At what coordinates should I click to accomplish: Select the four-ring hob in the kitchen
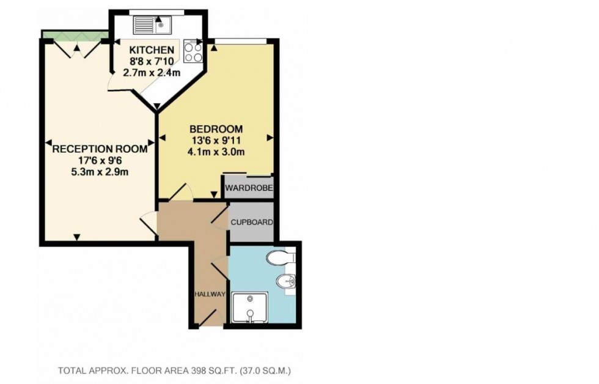(x=193, y=51)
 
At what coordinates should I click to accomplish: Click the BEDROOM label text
(x=216, y=129)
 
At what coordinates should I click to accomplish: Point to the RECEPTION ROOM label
(x=99, y=149)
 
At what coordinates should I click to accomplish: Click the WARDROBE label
(x=248, y=188)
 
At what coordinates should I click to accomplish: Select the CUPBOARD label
(x=251, y=223)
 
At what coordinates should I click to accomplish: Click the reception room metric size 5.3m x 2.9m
(x=99, y=171)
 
